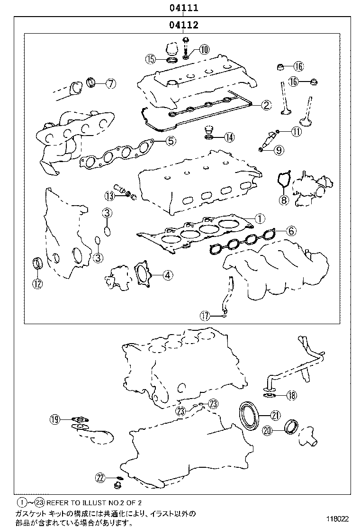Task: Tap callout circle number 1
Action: (x=259, y=218)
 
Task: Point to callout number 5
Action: (x=171, y=140)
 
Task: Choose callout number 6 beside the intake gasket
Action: (x=290, y=231)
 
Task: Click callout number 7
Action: (x=109, y=84)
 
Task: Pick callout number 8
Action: (x=284, y=200)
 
